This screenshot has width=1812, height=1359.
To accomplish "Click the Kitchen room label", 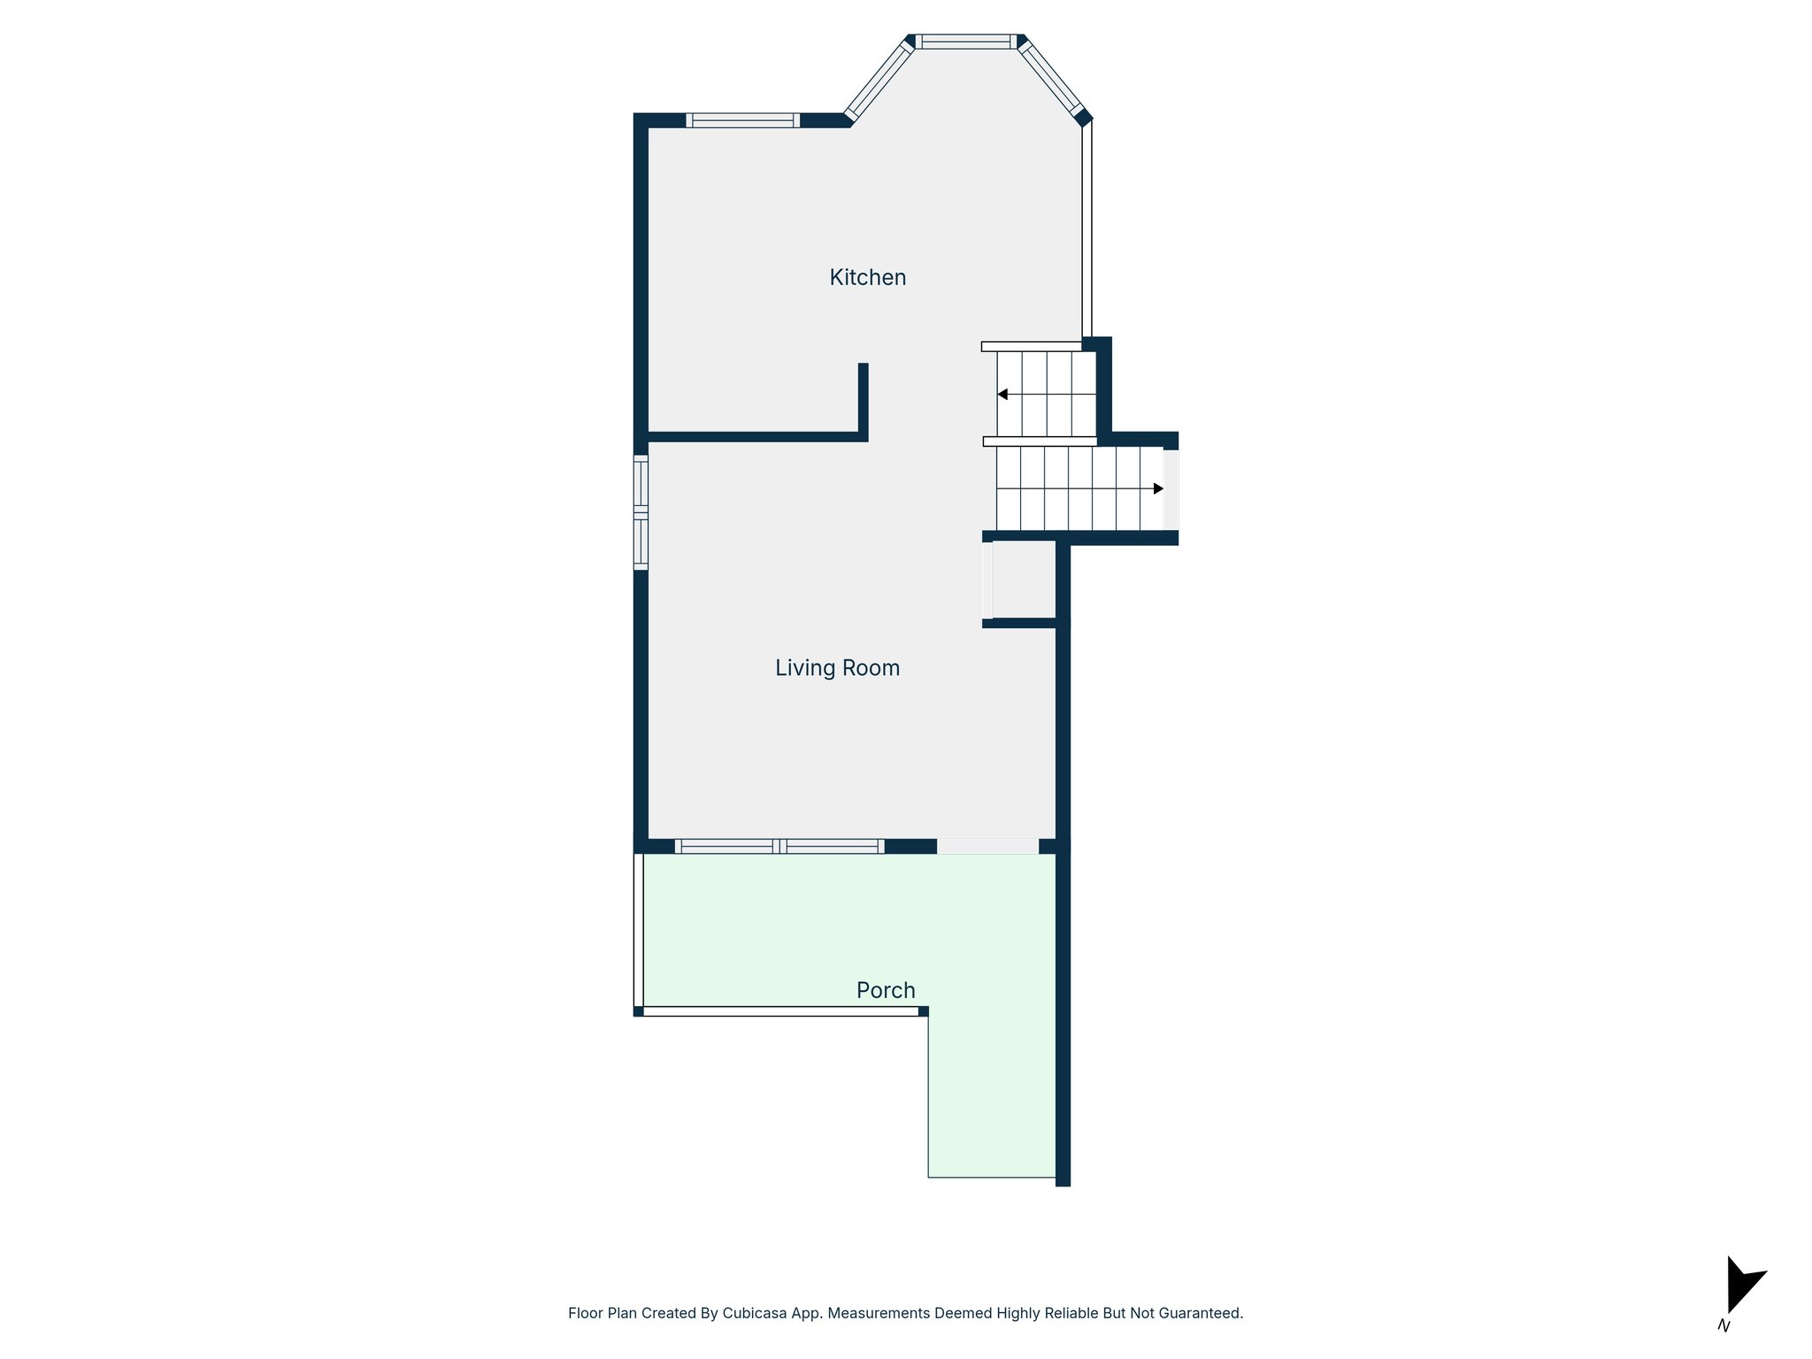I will (867, 277).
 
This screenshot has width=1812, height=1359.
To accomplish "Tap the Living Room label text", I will (837, 668).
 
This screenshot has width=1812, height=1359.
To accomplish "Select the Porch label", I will (886, 990).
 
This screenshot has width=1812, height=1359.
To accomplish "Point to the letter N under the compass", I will (1724, 1325).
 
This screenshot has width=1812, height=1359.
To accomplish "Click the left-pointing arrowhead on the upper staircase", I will (1002, 395).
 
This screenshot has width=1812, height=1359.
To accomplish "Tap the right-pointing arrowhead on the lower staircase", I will (1158, 488).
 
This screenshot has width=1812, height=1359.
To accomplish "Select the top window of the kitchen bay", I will (965, 41).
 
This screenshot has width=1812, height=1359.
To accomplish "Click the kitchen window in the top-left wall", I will (742, 120).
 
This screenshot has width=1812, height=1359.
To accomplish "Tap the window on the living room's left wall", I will (641, 512).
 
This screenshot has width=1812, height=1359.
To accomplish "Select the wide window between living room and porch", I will (779, 846).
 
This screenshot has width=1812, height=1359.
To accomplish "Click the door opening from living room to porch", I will (987, 846).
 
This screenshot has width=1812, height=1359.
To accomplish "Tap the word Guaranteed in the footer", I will (1198, 1313).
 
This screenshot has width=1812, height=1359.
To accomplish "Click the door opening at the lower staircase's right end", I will (1171, 489).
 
